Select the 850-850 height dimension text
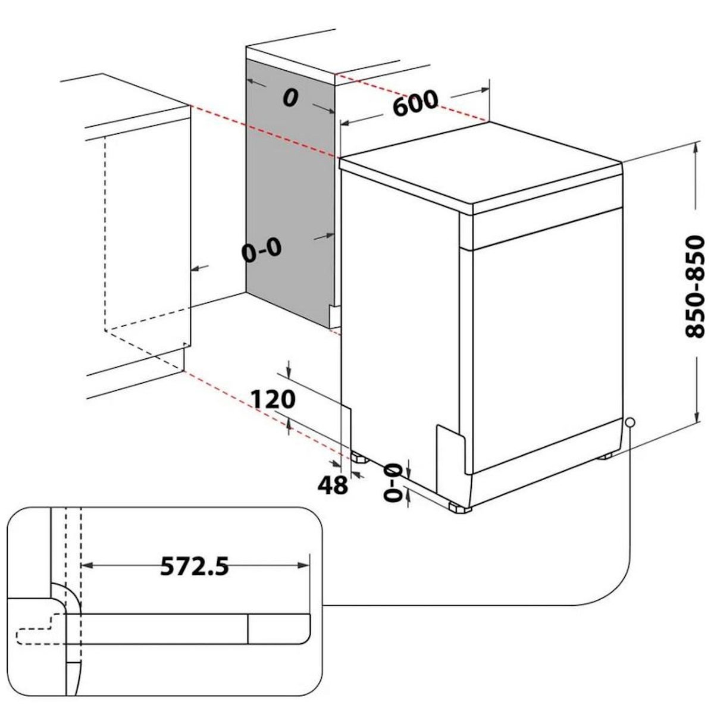tap(694, 287)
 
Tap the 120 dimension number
tap(274, 399)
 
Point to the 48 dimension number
tap(333, 485)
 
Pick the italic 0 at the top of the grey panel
tap(290, 98)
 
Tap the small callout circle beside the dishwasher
tap(630, 422)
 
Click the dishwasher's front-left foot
tap(459, 508)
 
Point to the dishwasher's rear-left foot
tap(359, 458)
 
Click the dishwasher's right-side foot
tap(606, 456)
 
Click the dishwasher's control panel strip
tap(547, 229)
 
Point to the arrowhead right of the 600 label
tap(484, 90)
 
